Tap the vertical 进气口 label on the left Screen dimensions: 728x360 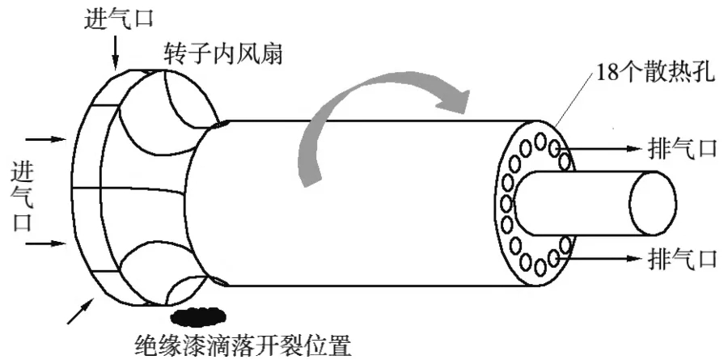click(x=23, y=197)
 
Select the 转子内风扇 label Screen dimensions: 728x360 click(x=223, y=54)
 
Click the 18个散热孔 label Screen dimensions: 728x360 click(x=655, y=74)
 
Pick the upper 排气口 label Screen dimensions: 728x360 click(x=683, y=149)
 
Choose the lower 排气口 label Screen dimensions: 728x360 click(x=683, y=258)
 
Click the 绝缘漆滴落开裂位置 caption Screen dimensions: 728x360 click(x=243, y=345)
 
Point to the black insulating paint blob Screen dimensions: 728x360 click(x=198, y=316)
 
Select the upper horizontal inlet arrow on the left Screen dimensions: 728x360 click(x=45, y=138)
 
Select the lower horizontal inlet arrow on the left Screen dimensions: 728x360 click(x=45, y=244)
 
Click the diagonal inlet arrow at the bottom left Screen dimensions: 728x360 click(x=80, y=311)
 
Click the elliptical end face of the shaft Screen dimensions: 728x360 click(x=654, y=203)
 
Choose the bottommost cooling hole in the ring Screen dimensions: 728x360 click(x=540, y=267)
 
